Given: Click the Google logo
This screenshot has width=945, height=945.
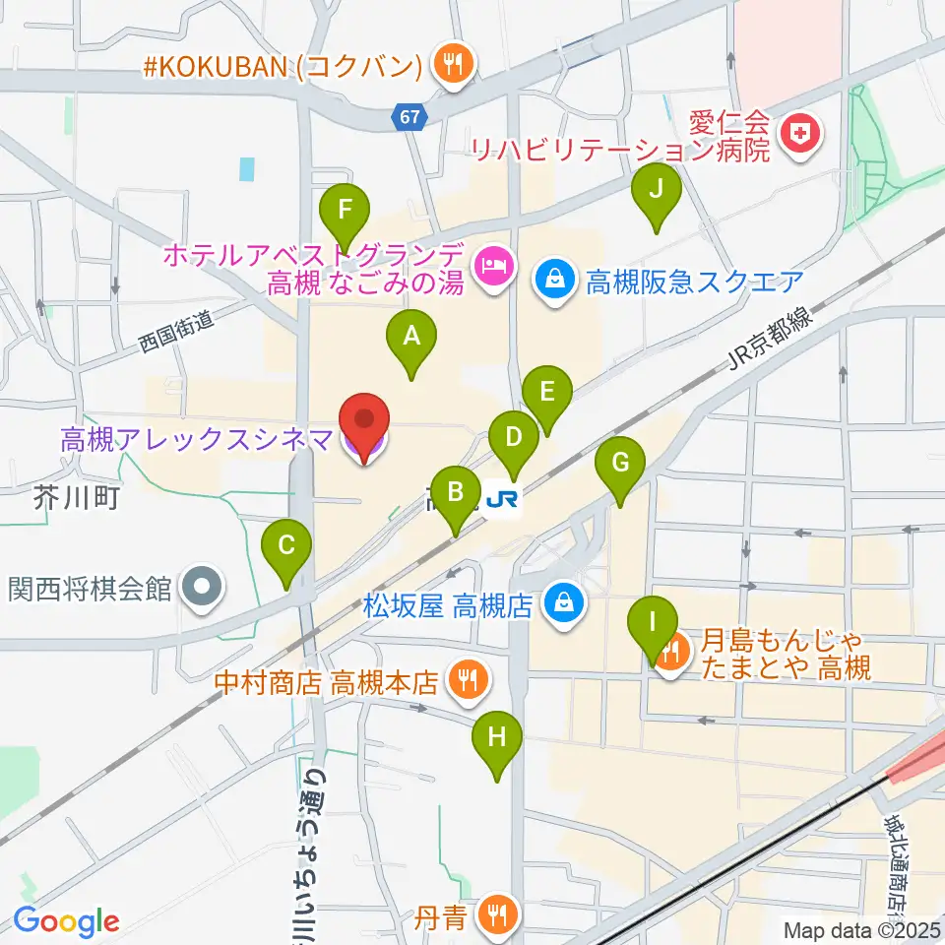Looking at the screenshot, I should click(65, 921).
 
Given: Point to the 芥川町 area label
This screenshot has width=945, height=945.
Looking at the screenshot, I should click(76, 498).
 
